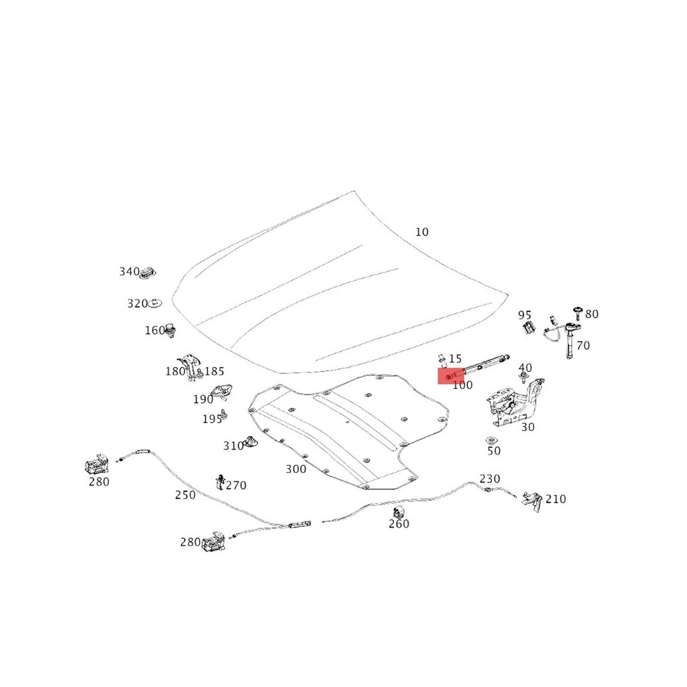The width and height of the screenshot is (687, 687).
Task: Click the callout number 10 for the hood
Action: [421, 232]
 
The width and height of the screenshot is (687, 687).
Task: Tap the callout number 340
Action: [129, 271]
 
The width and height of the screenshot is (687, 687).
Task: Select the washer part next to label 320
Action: [156, 302]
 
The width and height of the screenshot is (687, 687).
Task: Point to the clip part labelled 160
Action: [170, 330]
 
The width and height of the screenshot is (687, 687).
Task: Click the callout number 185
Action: [214, 371]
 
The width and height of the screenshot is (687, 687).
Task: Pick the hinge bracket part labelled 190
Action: [222, 392]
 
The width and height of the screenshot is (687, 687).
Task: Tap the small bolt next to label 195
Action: [224, 414]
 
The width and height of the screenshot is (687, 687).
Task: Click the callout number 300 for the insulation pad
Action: [296, 469]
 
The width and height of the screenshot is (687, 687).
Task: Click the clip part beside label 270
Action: [219, 481]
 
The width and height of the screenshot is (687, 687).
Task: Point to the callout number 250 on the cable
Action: [185, 495]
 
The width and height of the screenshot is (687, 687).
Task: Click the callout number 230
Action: [489, 479]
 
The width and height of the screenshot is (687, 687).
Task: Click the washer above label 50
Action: [491, 440]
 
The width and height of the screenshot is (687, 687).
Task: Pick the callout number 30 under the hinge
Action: [528, 427]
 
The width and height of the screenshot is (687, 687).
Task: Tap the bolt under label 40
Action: [524, 377]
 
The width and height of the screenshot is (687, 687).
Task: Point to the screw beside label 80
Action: [578, 313]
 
